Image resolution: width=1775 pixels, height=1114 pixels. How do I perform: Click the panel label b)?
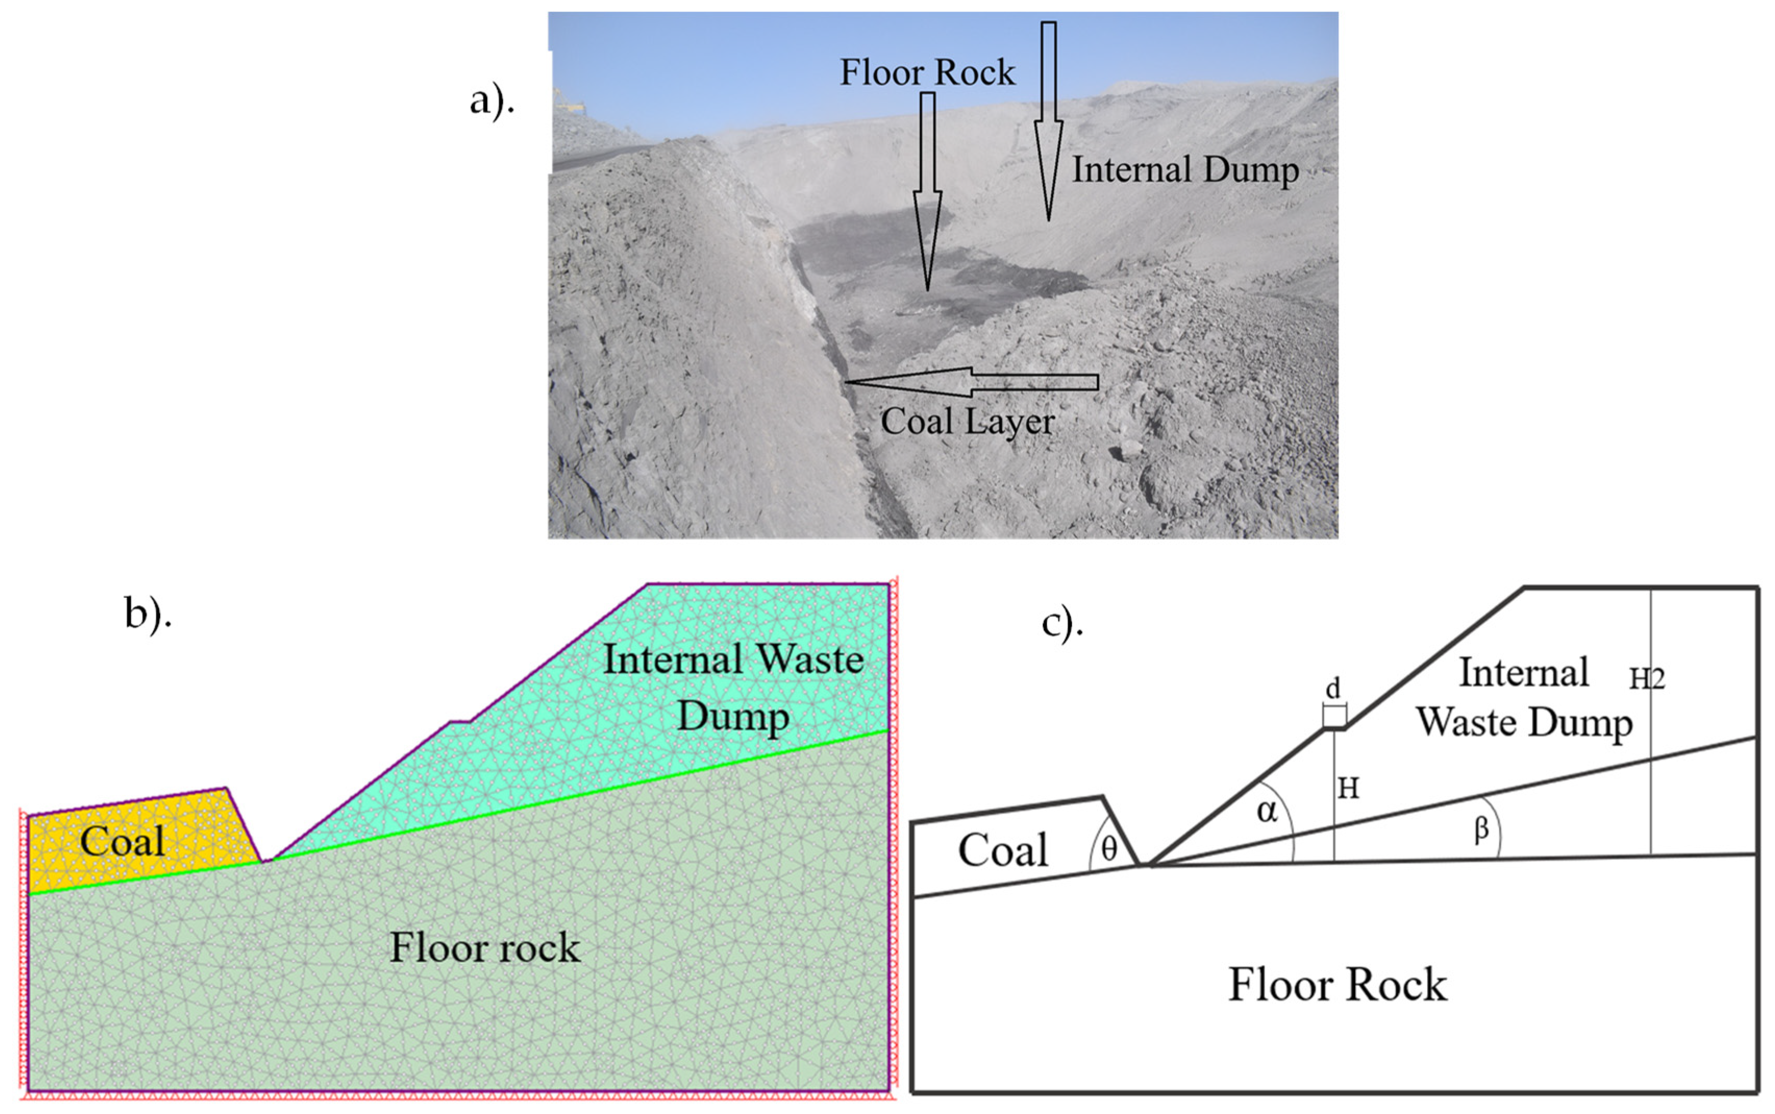(x=147, y=614)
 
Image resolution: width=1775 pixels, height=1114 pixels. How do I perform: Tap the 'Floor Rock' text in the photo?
(x=927, y=72)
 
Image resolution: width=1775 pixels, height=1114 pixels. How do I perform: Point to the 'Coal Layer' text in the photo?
(x=967, y=421)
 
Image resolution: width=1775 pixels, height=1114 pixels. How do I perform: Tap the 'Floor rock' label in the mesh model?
(x=484, y=947)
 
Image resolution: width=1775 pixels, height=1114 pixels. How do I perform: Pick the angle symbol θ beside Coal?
(x=1108, y=849)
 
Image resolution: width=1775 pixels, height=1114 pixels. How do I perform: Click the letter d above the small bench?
(x=1333, y=689)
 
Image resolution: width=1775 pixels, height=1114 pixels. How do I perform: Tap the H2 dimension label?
(x=1646, y=679)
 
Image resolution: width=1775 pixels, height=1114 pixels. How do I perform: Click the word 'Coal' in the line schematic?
(x=1002, y=850)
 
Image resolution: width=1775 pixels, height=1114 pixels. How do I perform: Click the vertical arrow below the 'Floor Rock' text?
(x=927, y=192)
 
